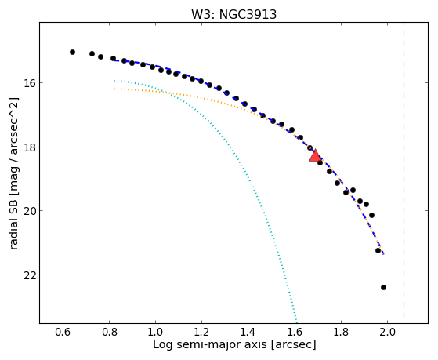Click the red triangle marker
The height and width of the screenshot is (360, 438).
315,156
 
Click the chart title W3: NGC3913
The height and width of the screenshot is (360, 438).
233,15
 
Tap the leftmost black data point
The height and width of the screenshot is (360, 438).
72,52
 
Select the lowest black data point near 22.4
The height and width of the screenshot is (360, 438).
383,287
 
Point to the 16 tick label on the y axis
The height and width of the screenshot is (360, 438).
29,83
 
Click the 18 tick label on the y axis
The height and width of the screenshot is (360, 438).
29,147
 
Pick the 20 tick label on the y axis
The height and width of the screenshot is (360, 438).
29,211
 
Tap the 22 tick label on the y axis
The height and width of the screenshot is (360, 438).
29,275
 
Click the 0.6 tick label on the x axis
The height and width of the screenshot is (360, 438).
63,333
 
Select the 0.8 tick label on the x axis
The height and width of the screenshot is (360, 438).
109,333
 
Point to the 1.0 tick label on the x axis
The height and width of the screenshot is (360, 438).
155,333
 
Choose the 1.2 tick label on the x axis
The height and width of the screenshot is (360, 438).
201,333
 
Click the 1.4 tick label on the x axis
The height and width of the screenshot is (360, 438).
248,333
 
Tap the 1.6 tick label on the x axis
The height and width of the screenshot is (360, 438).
295,333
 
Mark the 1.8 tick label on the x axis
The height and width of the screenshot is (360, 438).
341,333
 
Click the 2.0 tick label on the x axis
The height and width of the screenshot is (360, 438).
387,333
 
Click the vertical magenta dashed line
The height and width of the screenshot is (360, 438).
404,173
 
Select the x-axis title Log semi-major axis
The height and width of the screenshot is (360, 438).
210,344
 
